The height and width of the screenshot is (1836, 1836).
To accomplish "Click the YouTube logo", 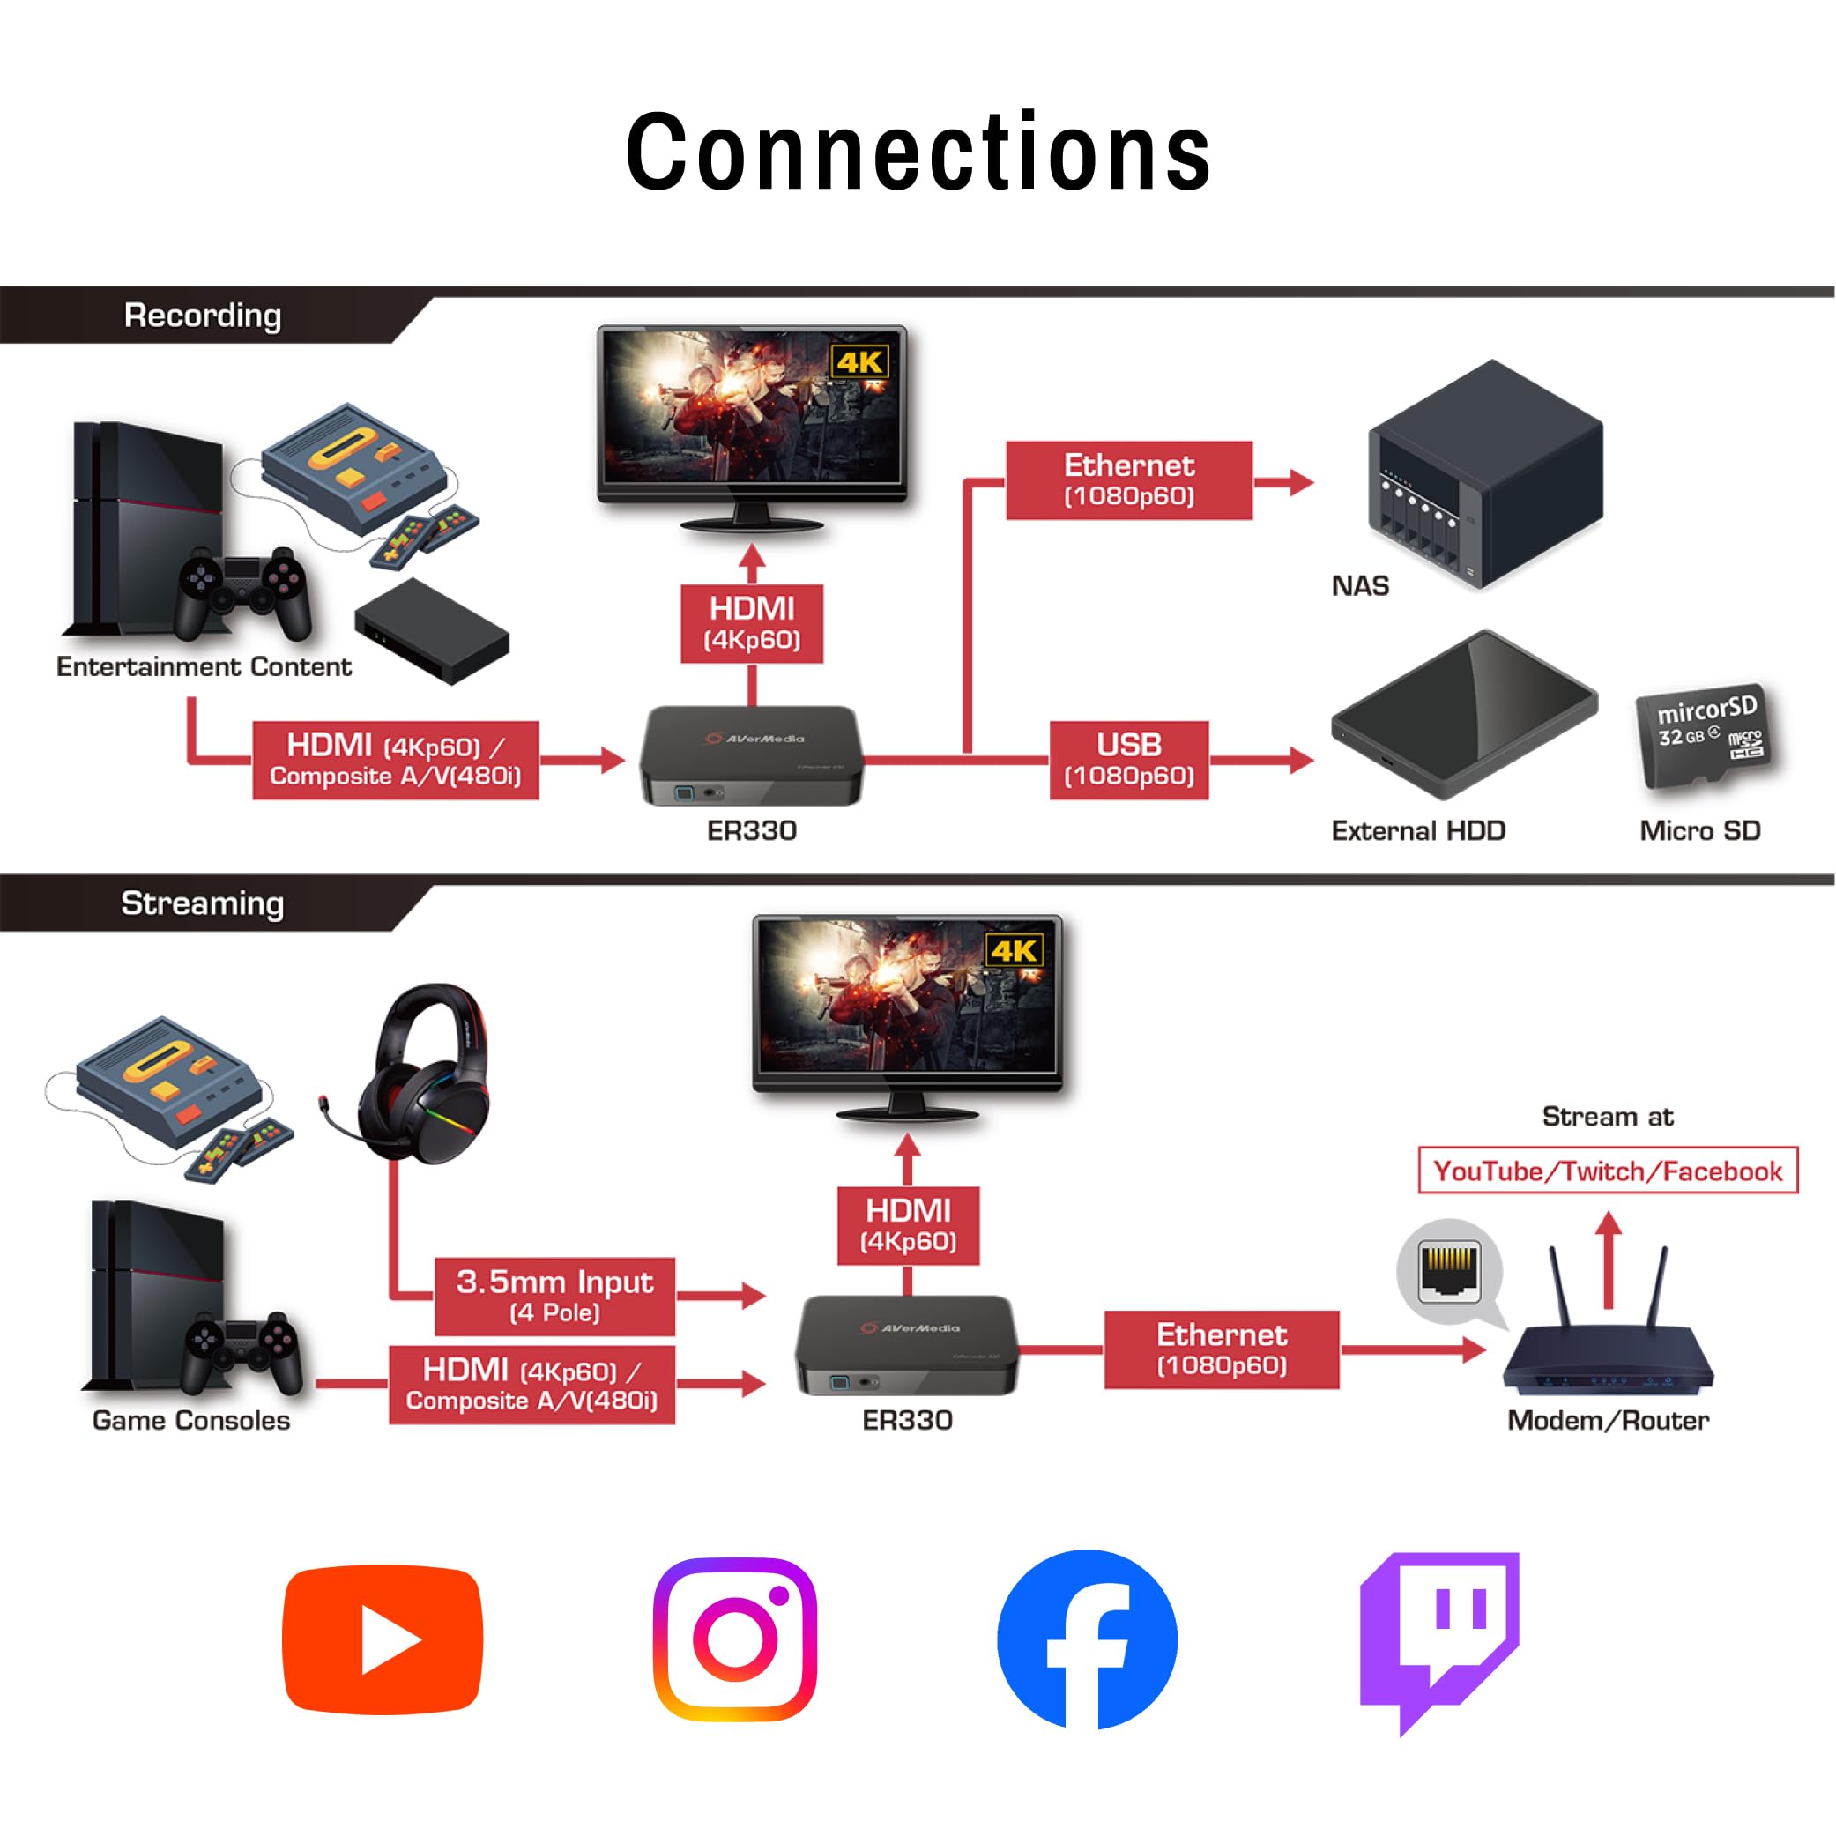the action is coord(383,1639).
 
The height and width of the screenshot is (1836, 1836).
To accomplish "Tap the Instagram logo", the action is coord(734,1639).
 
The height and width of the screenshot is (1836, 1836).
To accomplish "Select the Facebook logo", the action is coord(1087,1639).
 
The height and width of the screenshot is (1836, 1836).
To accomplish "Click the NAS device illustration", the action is coord(1485,474).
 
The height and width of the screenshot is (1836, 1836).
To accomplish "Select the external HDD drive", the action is coord(1464,715).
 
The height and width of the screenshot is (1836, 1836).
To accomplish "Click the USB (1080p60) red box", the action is coord(1129,761).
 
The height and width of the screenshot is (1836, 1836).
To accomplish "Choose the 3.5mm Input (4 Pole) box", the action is coord(555,1297).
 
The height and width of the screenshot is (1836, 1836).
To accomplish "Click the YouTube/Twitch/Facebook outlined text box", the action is coord(1608,1171).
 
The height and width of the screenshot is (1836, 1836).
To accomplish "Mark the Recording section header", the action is coord(203,316).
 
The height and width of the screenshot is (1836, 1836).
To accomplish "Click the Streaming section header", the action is coord(203,903).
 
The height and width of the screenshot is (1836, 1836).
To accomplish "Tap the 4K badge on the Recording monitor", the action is coord(860,362).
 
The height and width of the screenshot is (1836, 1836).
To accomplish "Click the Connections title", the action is coord(918,152).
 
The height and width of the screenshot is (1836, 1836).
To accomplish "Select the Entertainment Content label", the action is coord(204,667).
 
